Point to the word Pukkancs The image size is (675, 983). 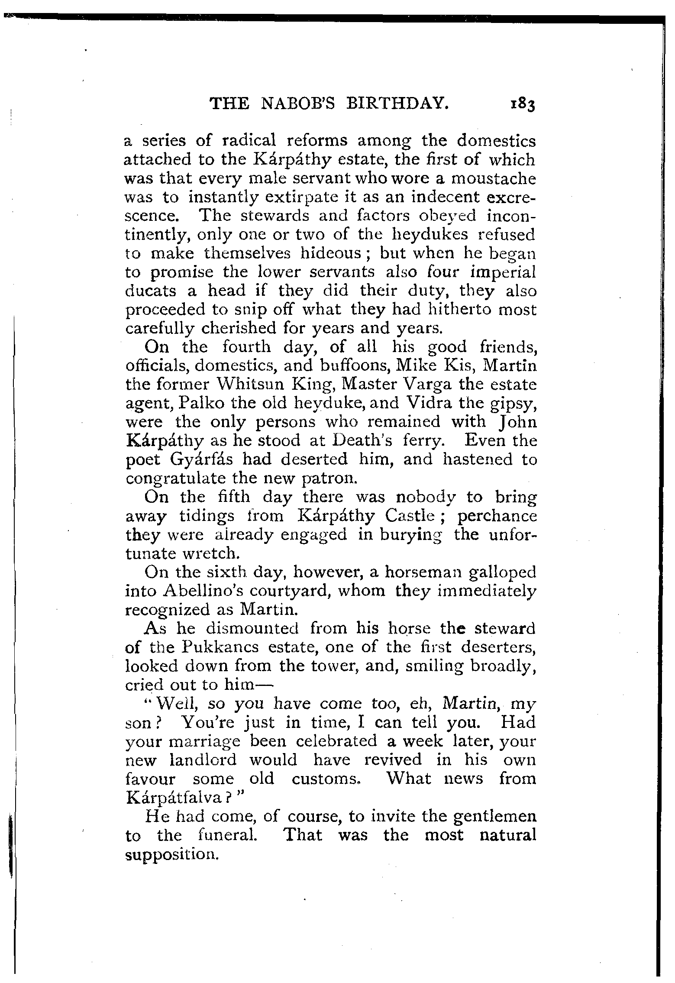(222, 648)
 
